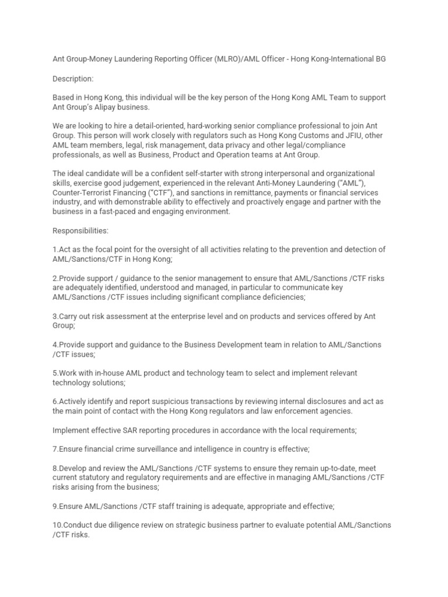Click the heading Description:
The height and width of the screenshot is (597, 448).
[x=73, y=78]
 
